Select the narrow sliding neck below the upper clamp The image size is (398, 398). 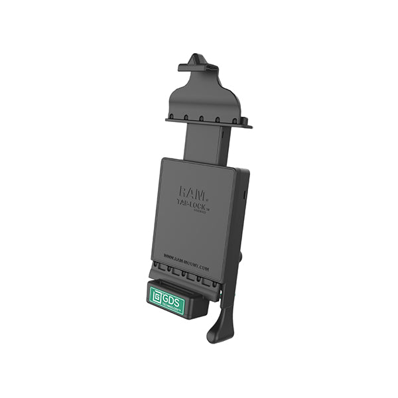click(x=204, y=143)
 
